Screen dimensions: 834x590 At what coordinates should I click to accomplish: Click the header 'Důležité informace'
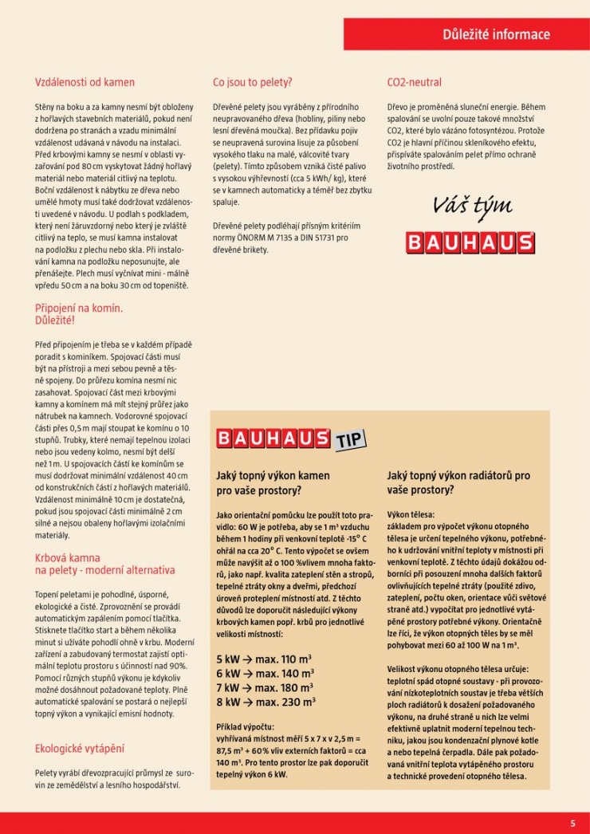[496, 34]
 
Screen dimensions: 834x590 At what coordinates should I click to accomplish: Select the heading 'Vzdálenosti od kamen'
[85, 82]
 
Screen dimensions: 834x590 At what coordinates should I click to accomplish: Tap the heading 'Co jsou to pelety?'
[253, 82]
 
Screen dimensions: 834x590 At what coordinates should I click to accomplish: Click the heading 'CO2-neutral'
[414, 82]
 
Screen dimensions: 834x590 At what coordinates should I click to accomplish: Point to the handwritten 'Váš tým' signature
[473, 207]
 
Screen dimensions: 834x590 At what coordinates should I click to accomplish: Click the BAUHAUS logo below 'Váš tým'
[470, 242]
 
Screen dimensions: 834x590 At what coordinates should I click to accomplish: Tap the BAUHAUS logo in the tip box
[273, 439]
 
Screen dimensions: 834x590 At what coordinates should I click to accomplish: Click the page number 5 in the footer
[572, 824]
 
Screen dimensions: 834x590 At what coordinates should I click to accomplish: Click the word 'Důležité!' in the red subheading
[55, 320]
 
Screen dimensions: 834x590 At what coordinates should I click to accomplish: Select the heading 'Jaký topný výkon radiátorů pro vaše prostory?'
[458, 482]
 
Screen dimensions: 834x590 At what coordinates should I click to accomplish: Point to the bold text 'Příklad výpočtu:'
[245, 727]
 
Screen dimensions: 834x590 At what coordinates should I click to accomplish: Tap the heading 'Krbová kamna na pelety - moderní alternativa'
[104, 565]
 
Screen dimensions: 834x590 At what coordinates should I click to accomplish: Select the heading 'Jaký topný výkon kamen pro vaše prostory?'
[273, 482]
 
